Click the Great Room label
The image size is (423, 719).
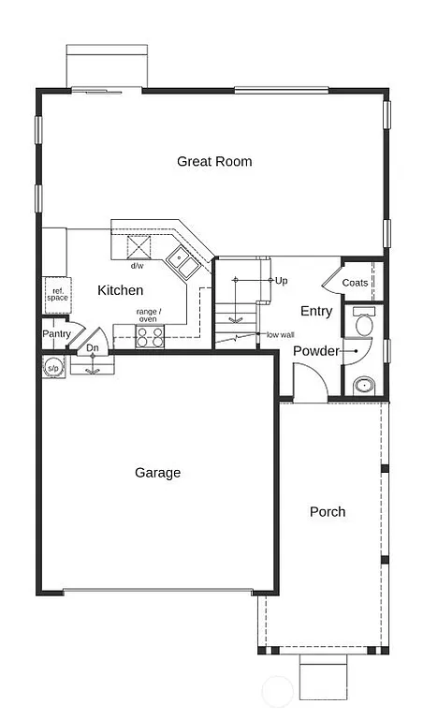(214, 161)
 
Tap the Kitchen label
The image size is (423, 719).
(121, 290)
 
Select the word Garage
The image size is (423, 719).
(157, 473)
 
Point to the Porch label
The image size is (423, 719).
(328, 511)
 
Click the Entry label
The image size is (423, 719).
(316, 311)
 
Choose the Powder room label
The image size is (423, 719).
(315, 351)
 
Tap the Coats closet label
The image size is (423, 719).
(355, 283)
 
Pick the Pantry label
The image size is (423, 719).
(56, 333)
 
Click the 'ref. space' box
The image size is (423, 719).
(57, 295)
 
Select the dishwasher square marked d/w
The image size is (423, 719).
(139, 247)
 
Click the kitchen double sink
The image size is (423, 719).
(182, 262)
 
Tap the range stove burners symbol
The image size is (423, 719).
(149, 337)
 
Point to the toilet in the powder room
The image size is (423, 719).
(364, 323)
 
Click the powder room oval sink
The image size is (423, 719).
(363, 384)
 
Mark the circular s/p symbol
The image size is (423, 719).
(52, 367)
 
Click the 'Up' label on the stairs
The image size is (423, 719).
(281, 280)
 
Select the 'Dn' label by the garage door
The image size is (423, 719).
(92, 348)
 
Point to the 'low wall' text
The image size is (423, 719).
(280, 334)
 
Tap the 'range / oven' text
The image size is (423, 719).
(149, 315)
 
